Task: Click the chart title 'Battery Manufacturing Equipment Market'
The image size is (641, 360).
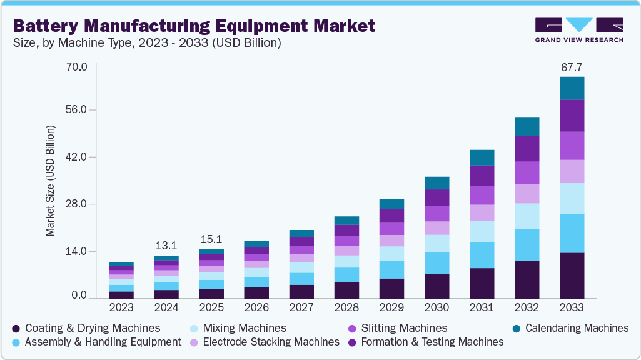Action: [194, 26]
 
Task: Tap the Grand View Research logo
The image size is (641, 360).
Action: [579, 29]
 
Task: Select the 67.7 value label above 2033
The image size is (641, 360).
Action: [572, 67]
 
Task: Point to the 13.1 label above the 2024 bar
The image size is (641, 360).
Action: [166, 245]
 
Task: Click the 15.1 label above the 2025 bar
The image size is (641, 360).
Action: [211, 239]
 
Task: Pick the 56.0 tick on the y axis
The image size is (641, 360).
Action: [79, 110]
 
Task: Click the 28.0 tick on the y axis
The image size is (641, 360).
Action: [79, 204]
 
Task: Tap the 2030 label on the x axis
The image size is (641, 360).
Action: [437, 307]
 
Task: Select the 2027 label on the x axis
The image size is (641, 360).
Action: [301, 307]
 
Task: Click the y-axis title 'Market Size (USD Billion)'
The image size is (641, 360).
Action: [50, 181]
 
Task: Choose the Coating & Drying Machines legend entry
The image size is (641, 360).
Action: [86, 328]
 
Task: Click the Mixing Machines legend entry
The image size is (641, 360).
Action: [241, 328]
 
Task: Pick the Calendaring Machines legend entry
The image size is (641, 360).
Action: [570, 328]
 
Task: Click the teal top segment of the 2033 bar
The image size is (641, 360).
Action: [572, 88]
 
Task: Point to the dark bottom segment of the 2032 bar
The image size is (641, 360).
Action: [527, 279]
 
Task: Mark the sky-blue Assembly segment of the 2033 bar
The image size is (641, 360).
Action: [572, 233]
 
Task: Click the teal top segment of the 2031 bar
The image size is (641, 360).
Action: [482, 157]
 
